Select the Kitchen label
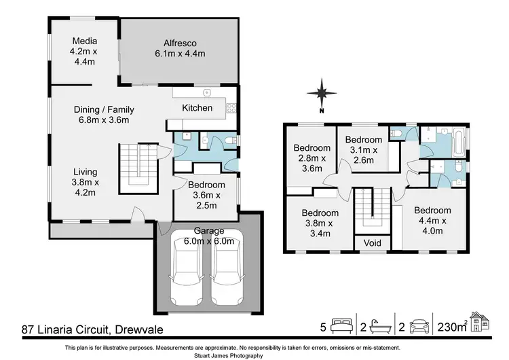coord(197,108)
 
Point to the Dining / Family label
coord(105,115)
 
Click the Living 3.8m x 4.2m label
coord(86,182)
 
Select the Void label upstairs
coord(373,243)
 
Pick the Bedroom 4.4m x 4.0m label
coord(432,220)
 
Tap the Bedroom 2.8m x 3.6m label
coord(312,159)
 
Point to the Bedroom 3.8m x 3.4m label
coord(320,223)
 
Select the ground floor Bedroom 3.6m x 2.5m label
coord(206,195)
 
